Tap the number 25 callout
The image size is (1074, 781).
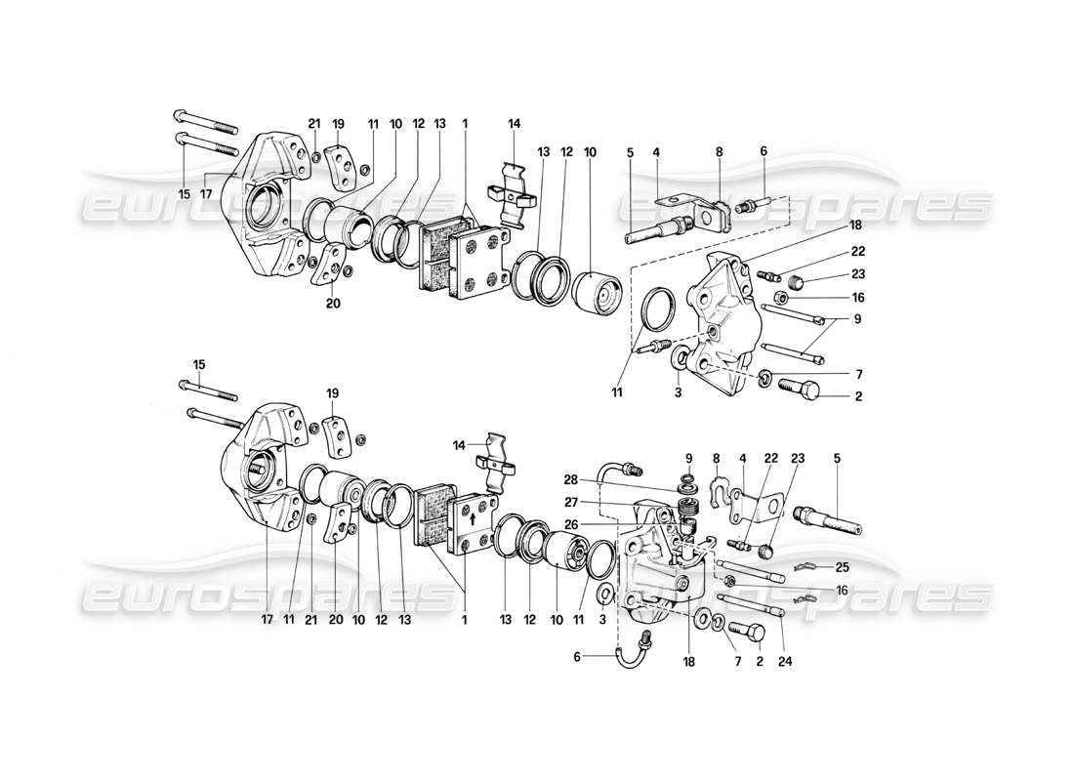point(841,567)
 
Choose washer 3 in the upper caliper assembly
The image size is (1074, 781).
point(678,362)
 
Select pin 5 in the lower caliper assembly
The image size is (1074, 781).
point(829,517)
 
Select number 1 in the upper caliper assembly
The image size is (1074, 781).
point(466,124)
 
